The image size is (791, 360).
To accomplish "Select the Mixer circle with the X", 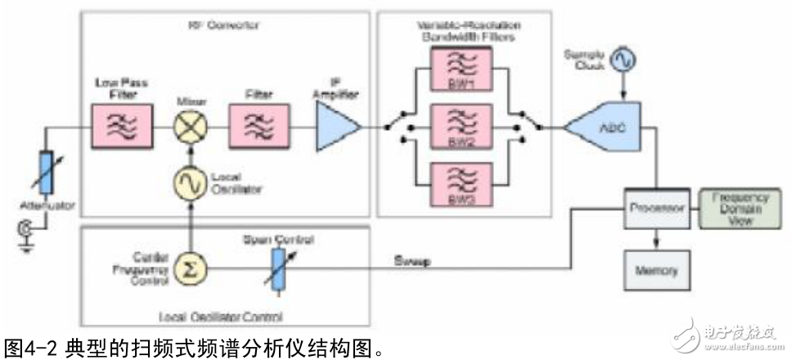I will (x=188, y=128).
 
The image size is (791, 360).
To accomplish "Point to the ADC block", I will (x=606, y=127).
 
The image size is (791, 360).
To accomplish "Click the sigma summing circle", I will (x=188, y=267).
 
